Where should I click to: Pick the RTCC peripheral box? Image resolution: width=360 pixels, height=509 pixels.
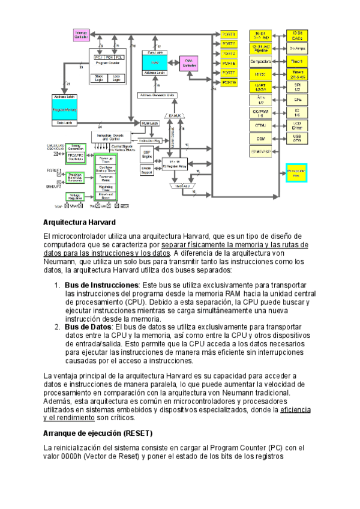click(260, 74)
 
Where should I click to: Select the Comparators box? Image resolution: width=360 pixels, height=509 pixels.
click(260, 61)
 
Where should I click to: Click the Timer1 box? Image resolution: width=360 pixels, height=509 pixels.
click(296, 61)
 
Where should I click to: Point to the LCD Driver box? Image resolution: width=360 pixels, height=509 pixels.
click(296, 124)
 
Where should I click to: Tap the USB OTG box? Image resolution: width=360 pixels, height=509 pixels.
click(296, 138)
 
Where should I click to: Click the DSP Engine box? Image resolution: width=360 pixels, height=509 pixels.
click(146, 155)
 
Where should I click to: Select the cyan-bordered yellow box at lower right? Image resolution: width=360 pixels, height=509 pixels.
click(296, 172)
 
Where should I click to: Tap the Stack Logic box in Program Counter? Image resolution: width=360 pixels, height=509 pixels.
click(100, 77)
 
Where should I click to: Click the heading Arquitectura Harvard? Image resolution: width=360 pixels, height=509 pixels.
click(74, 206)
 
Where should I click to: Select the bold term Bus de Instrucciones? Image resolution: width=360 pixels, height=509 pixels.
click(101, 285)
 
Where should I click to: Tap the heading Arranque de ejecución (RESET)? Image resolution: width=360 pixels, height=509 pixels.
click(98, 433)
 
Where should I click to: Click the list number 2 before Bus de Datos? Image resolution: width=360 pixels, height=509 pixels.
click(57, 327)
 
